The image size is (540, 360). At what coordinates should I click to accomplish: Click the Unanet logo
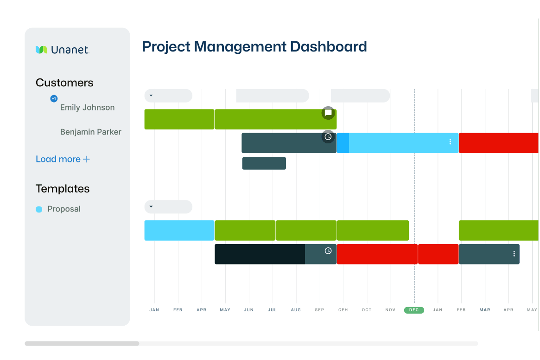pyautogui.click(x=62, y=50)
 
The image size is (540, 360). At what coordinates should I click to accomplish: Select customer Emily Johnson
pyautogui.click(x=87, y=108)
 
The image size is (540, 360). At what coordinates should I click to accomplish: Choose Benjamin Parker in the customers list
pyautogui.click(x=90, y=132)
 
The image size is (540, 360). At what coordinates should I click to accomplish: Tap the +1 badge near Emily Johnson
pyautogui.click(x=54, y=99)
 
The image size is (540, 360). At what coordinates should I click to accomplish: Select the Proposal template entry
pyautogui.click(x=64, y=209)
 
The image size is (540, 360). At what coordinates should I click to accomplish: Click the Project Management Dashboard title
pyautogui.click(x=254, y=47)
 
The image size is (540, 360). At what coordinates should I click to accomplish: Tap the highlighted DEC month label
pyautogui.click(x=414, y=310)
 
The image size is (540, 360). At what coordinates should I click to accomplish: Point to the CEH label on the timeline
pyautogui.click(x=343, y=310)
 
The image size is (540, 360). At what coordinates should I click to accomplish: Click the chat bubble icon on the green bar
pyautogui.click(x=328, y=113)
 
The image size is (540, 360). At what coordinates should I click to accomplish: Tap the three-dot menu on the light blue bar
pyautogui.click(x=450, y=142)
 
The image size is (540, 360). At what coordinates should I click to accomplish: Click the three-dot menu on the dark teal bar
pyautogui.click(x=514, y=254)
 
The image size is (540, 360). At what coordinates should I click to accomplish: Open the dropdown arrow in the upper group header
pyautogui.click(x=151, y=96)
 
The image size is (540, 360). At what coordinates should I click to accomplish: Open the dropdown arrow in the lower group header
pyautogui.click(x=151, y=206)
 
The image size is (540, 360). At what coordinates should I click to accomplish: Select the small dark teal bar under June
pyautogui.click(x=264, y=163)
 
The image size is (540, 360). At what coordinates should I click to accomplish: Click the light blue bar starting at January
pyautogui.click(x=179, y=231)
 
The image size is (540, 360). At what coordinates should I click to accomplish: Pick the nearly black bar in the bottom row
pyautogui.click(x=260, y=254)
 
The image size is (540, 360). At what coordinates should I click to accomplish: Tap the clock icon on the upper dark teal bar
pyautogui.click(x=328, y=137)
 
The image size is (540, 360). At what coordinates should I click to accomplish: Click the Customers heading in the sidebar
pyautogui.click(x=64, y=83)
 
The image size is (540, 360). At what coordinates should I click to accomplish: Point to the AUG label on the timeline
pyautogui.click(x=296, y=310)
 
